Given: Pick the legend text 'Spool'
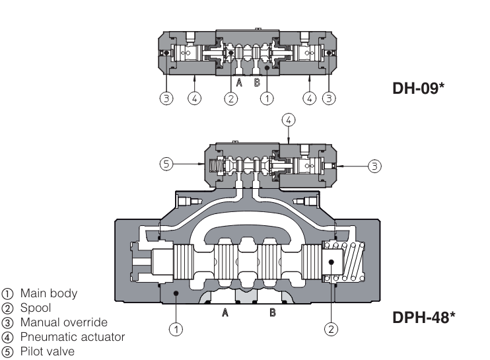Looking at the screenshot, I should [x=33, y=307].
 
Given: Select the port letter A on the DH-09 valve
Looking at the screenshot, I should [x=239, y=83].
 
